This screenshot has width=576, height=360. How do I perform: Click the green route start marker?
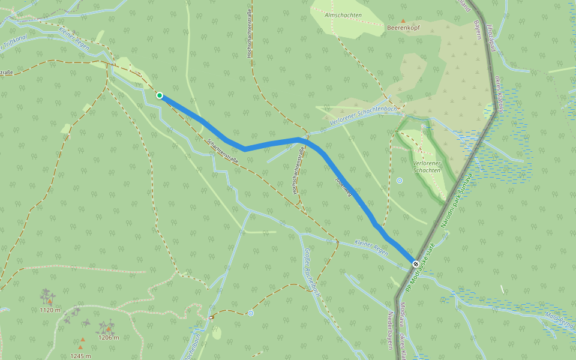pos(160,95)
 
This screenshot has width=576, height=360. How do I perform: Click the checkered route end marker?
pos(416,263)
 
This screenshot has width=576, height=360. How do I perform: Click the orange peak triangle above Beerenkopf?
pos(403,20)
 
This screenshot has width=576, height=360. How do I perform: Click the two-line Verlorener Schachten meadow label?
pos(427,167)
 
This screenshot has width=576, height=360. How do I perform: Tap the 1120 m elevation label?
pos(50,310)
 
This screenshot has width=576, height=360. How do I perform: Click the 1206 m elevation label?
pos(108,337)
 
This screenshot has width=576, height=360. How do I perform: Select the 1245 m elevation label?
pos(80,356)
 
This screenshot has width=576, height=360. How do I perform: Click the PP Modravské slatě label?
pos(421,269)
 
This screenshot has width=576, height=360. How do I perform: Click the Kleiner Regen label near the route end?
pos(371,247)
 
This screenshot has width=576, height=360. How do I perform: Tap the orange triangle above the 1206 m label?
pos(109,329)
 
